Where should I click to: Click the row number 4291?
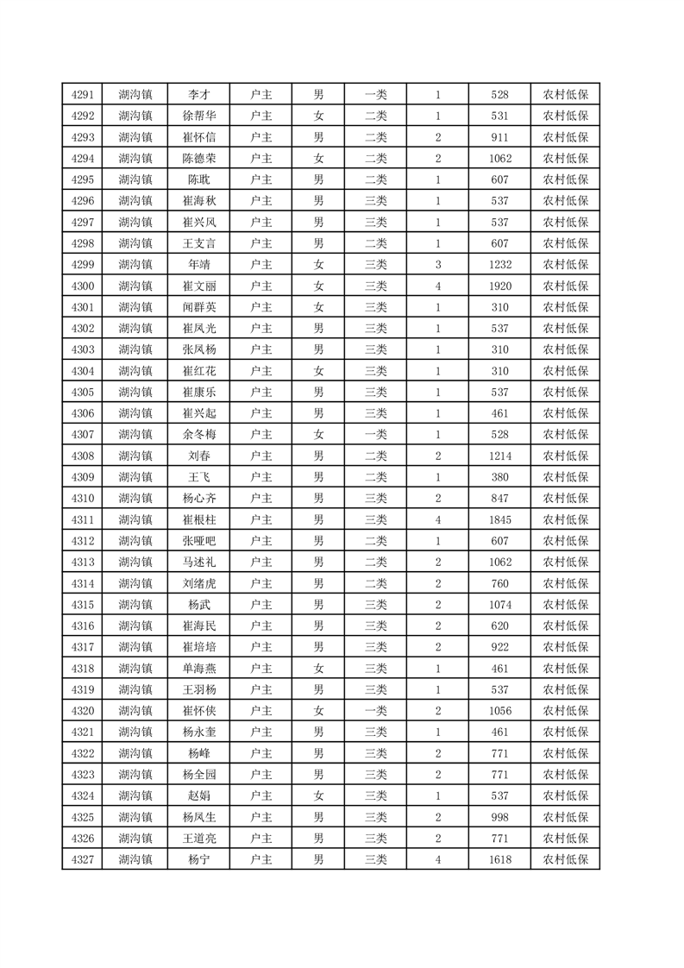coord(83,95)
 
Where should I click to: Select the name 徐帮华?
coord(199,116)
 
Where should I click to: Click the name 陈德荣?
coord(199,159)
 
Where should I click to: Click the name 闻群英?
coord(199,307)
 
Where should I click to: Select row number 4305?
coord(83,392)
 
